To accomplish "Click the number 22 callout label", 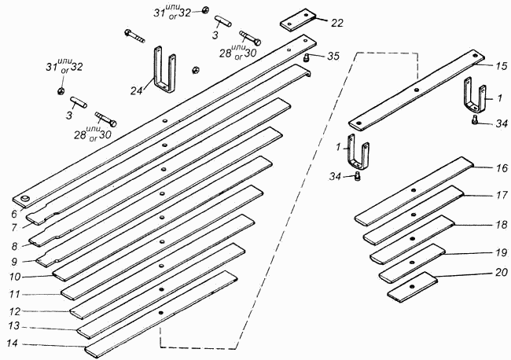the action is pos(337,23).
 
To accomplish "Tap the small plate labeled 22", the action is pos(298,20).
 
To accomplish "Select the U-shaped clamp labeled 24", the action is pos(164,69).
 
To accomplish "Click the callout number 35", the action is pos(333,56).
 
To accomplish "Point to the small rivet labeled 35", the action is pos(307,58).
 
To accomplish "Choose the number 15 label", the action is pos(502,66).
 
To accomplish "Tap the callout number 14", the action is pos(13,343).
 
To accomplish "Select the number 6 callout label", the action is pos(13,214).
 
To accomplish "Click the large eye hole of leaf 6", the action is pos(25,198).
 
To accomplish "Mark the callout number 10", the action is pos(15,277).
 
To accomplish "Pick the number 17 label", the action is pos(502,195).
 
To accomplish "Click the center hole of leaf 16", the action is pos(414,190).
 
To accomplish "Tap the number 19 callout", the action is pos(502,252).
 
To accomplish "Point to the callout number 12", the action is pos(15,312).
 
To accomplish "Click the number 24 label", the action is pos(137,91).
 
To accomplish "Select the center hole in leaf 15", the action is pos(416,90).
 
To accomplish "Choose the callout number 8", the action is pos(14,246).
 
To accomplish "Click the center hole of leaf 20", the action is pos(412,286).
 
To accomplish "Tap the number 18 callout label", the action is pos(502,225).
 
